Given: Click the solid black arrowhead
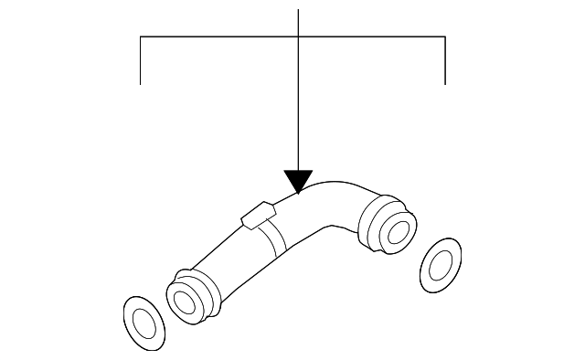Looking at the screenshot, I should [298, 180].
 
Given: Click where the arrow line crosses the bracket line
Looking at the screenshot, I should [299, 37].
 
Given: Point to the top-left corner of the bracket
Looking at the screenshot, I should [140, 37].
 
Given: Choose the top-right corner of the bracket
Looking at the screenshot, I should [445, 37].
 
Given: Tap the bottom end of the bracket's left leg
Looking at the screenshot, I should [140, 84].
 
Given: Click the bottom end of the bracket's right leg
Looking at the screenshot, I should [445, 84].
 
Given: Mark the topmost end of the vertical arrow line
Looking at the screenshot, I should [299, 9].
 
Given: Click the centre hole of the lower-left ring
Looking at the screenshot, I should [144, 322].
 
